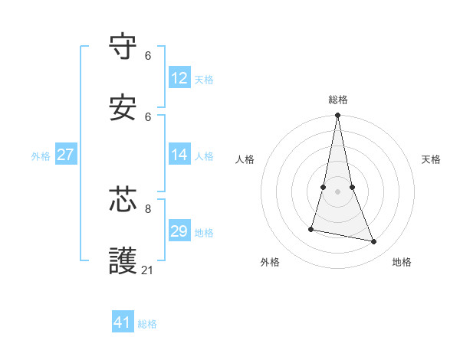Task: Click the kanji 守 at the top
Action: [123, 47]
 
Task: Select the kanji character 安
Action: [123, 108]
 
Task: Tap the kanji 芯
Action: [123, 199]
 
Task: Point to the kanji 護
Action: [123, 260]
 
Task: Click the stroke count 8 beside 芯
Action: [148, 208]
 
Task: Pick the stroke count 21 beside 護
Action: [149, 270]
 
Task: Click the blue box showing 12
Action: [179, 78]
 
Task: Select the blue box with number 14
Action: [179, 155]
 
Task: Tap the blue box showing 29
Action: [179, 231]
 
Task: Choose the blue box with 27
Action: [65, 155]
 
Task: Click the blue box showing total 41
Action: [123, 322]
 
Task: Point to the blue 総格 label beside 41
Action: [147, 324]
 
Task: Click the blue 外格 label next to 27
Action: [41, 156]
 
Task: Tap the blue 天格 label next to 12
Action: [204, 80]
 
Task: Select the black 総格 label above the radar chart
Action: [338, 100]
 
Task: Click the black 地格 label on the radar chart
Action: [402, 262]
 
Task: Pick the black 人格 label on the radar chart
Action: [245, 159]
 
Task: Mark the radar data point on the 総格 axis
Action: [338, 116]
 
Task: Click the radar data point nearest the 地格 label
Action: [374, 242]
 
